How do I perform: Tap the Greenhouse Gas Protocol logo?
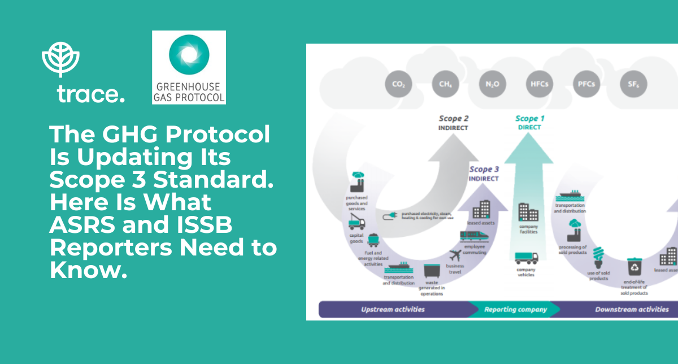point(189,67)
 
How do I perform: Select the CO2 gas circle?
point(398,84)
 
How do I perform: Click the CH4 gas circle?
point(445,84)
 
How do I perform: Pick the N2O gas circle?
point(491,84)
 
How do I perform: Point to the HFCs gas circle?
point(538,84)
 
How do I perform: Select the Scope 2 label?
point(454,119)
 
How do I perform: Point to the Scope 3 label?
point(484,170)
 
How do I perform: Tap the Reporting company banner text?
point(516,310)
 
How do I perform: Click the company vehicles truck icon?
point(527,257)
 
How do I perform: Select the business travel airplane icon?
point(455,256)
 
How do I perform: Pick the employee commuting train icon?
point(471,236)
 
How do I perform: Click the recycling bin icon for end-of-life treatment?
point(633,266)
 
